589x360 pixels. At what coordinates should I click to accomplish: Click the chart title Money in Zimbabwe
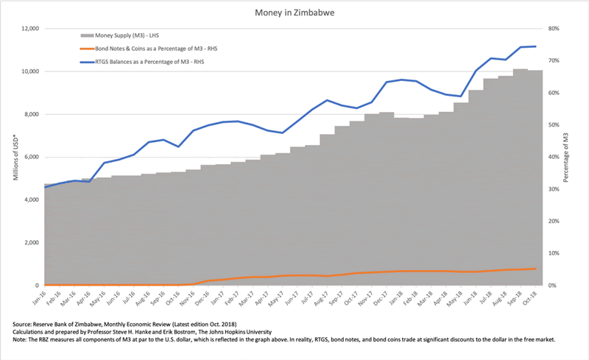(x=294, y=13)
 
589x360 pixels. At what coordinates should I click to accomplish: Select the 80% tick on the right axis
(x=554, y=29)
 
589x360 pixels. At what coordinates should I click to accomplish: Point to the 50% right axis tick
(x=554, y=125)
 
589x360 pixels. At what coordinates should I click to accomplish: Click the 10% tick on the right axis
(x=554, y=253)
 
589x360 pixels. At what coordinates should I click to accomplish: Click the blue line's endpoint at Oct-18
(x=536, y=46)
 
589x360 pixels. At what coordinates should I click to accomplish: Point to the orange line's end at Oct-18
(x=536, y=269)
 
